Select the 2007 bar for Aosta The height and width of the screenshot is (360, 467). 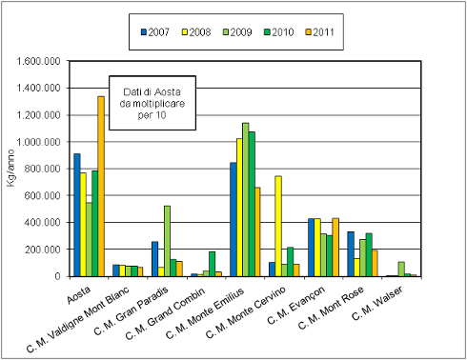pyautogui.click(x=77, y=214)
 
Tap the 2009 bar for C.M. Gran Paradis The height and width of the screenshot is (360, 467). pyautogui.click(x=168, y=240)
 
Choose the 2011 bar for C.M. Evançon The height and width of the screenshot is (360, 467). pyautogui.click(x=335, y=247)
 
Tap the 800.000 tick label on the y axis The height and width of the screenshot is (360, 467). pyautogui.click(x=44, y=169)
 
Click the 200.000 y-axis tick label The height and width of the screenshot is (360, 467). pyautogui.click(x=44, y=250)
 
